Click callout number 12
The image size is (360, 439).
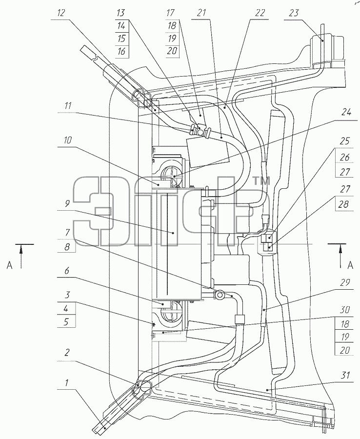pos(61,13)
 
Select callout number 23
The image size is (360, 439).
pos(293,13)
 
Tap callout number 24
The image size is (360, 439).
pos(346,112)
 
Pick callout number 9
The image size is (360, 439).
pos(67,203)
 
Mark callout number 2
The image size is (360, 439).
pos(67,353)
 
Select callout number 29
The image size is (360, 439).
pos(345,283)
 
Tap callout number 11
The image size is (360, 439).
pos(67,106)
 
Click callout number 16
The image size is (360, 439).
pos(121,52)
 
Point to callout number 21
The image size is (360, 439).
pos(201,13)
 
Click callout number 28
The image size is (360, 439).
pos(343,204)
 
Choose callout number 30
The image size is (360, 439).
pos(345,310)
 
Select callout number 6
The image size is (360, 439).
pos(67,271)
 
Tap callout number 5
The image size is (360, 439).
pos(66,322)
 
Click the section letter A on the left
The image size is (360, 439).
pos(10,265)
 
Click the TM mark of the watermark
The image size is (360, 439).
pos(261,181)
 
